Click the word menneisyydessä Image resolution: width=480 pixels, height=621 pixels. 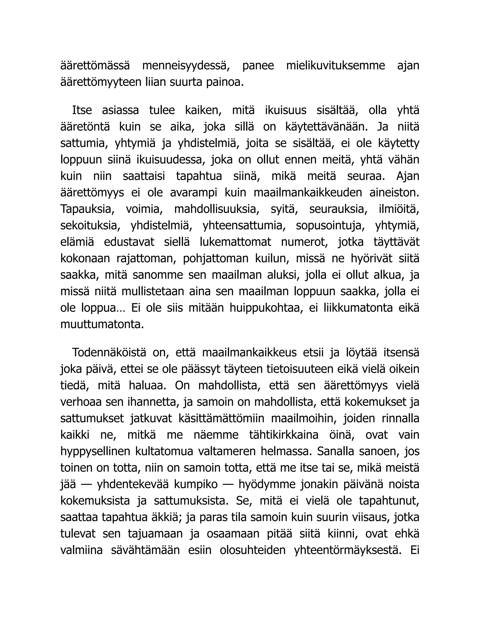pyautogui.click(x=186, y=66)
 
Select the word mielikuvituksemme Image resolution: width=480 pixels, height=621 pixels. pyautogui.click(x=336, y=66)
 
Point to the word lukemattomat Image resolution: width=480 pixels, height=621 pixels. pyautogui.click(x=236, y=242)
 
